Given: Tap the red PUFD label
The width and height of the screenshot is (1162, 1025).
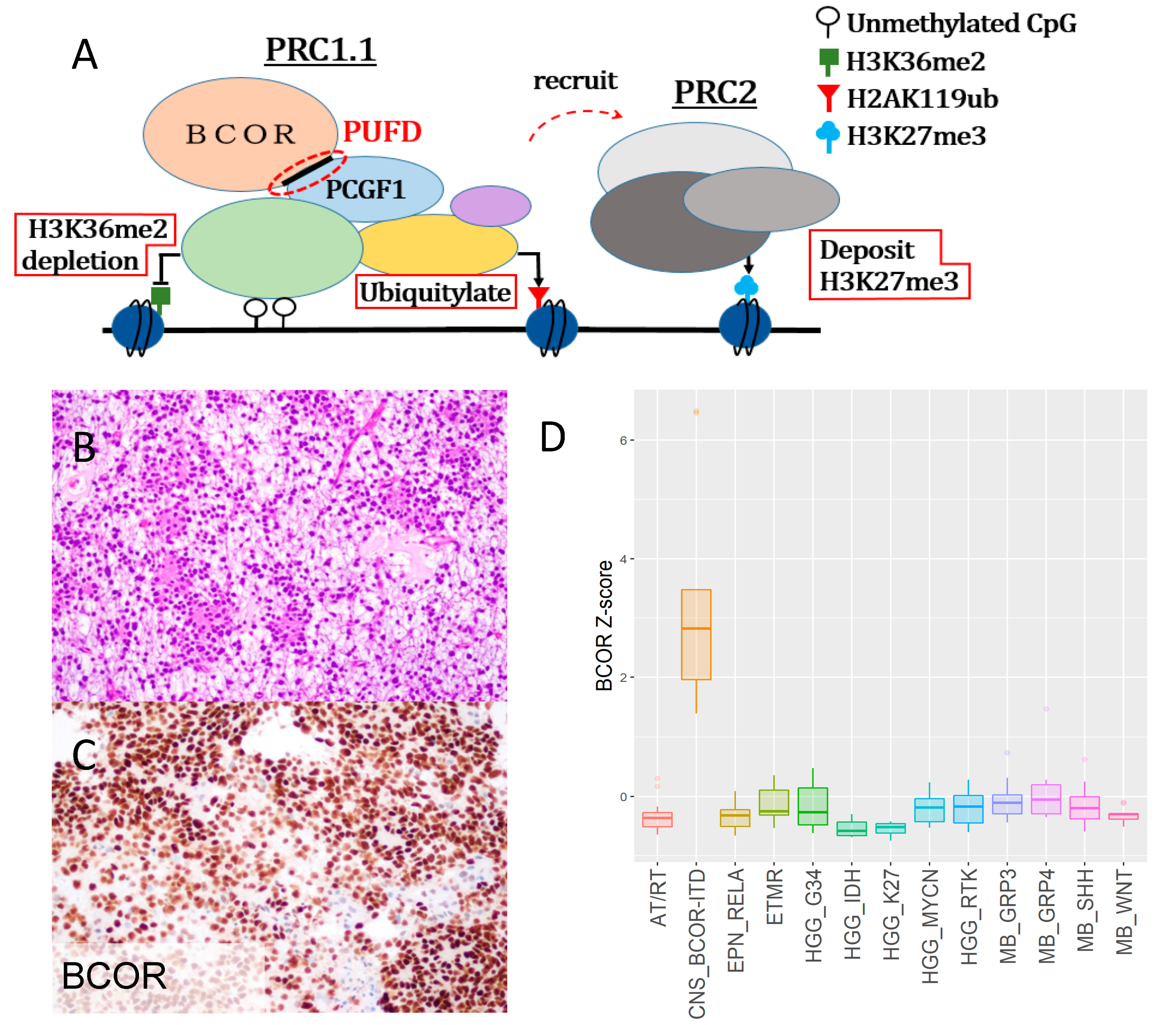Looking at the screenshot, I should tap(382, 132).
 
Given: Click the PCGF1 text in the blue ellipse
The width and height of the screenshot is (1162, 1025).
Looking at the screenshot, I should tap(366, 190).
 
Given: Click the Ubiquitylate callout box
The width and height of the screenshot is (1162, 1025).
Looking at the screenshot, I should tap(436, 293).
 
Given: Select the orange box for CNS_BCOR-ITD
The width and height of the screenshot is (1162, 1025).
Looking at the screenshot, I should tap(696, 635).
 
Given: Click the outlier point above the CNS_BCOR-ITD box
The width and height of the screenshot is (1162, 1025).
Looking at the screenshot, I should tap(696, 412).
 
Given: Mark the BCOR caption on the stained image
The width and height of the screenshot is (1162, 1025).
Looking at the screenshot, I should tap(114, 976).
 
